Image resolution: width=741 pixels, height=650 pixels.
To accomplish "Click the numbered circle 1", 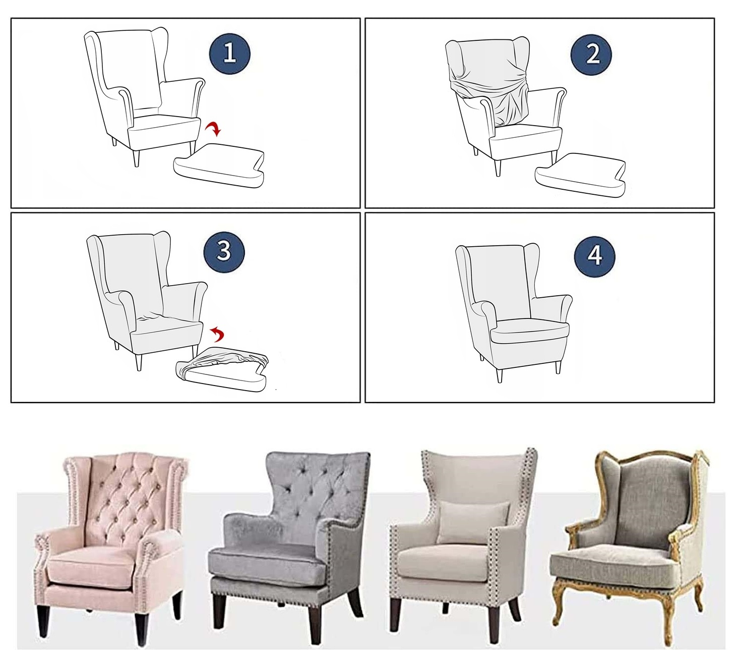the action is click(230, 53).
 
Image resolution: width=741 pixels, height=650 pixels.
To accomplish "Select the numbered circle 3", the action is click(224, 252).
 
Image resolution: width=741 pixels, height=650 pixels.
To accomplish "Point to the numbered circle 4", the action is click(594, 256).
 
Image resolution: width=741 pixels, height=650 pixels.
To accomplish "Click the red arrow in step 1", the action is click(214, 129).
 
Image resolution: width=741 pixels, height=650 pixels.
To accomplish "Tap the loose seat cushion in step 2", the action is click(580, 176).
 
